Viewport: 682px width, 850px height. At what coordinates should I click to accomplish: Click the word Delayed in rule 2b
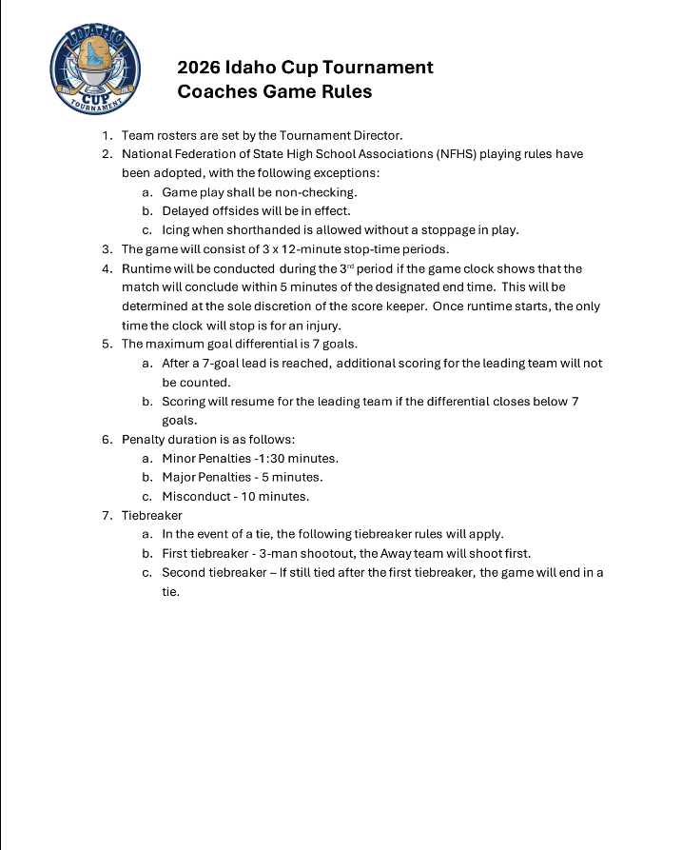point(186,211)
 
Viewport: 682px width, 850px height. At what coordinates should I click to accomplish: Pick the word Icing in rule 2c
point(178,230)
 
